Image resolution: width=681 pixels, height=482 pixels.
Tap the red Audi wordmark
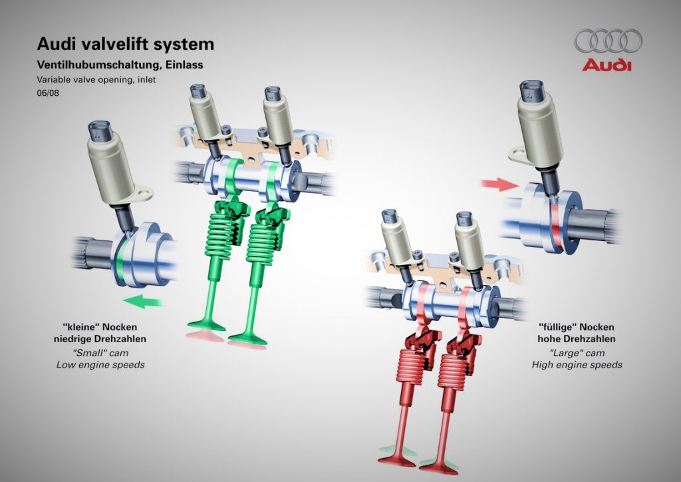[607, 65]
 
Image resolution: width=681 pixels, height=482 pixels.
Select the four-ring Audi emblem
[608, 41]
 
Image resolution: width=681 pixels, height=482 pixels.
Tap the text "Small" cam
[100, 352]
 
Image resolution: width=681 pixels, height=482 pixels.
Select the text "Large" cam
[577, 352]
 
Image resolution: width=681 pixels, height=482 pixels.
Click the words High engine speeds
[577, 364]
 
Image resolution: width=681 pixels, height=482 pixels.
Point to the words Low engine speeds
[100, 364]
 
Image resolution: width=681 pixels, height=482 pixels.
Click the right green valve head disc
[247, 340]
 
